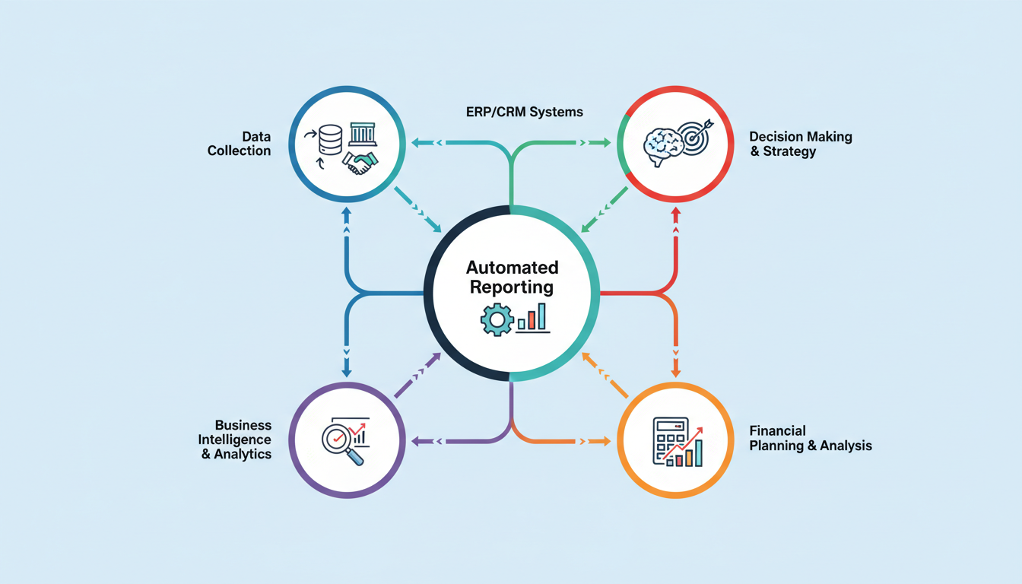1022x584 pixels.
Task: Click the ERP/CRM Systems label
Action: point(524,112)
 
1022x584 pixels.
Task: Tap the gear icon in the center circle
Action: point(497,320)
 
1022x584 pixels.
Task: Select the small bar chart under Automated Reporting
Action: point(532,318)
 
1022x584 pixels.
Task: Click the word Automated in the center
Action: point(512,268)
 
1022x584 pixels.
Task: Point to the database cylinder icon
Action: point(331,139)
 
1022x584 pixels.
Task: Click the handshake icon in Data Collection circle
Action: point(360,163)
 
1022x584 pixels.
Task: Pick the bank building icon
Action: point(362,135)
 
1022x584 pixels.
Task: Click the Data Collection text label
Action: point(240,144)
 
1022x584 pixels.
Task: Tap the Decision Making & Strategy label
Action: point(801,144)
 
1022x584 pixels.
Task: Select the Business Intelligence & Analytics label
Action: point(236,440)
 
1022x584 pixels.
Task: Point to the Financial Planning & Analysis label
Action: point(811,438)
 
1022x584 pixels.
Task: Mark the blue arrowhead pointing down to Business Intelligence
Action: point(347,372)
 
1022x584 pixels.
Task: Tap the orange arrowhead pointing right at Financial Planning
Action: point(606,440)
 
